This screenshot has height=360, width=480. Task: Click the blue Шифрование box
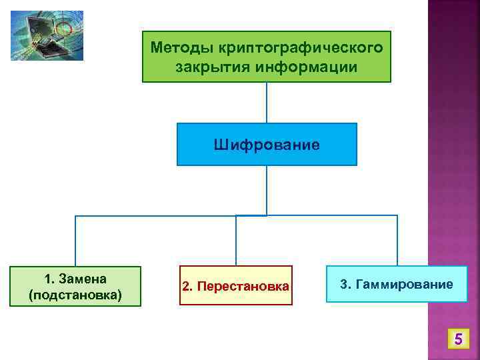coord(267,144)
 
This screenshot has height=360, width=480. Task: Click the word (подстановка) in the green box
coord(75,294)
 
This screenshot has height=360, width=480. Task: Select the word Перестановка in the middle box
coord(243,286)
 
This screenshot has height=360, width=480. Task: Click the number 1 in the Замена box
coord(47,278)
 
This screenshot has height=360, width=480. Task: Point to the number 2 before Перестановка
coord(187,286)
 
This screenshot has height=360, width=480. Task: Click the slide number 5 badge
coord(457,341)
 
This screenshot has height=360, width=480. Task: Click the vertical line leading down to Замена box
coord(75,240)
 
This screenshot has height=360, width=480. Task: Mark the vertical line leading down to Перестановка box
coord(236,240)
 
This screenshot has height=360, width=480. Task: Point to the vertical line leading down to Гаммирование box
coord(397,240)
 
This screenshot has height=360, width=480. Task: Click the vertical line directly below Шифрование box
coord(267,190)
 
